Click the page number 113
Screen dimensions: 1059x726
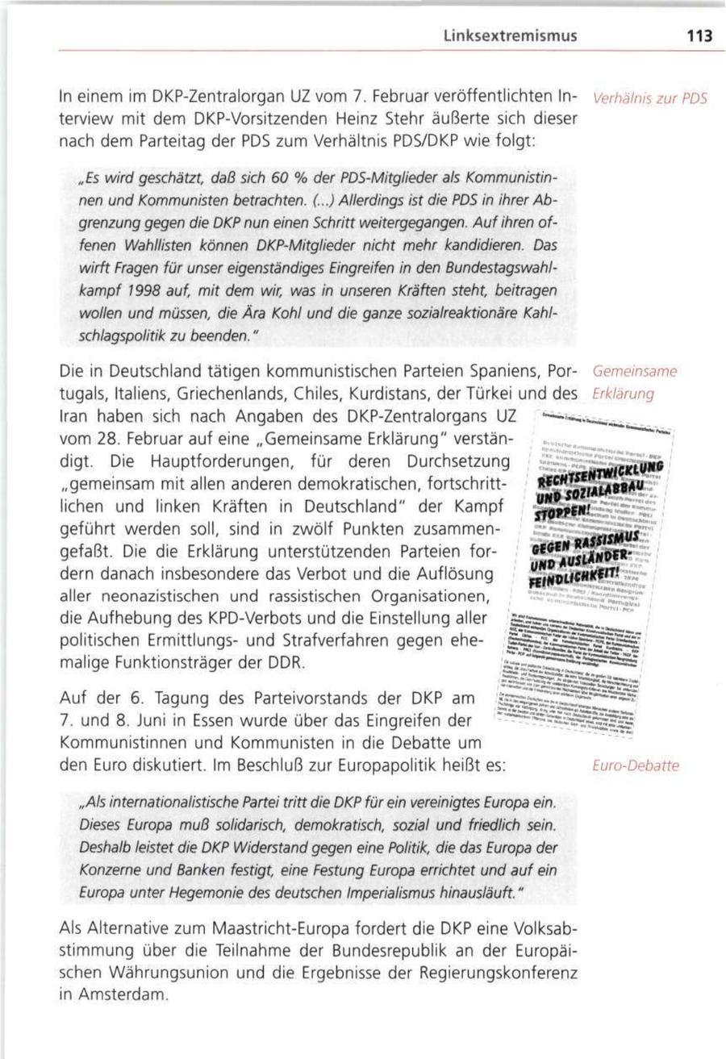(699, 36)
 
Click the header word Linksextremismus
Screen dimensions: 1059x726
(510, 36)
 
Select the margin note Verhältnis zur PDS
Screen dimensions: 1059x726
(649, 99)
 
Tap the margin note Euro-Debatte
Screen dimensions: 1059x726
(635, 765)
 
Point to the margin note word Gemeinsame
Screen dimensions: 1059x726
(634, 373)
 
